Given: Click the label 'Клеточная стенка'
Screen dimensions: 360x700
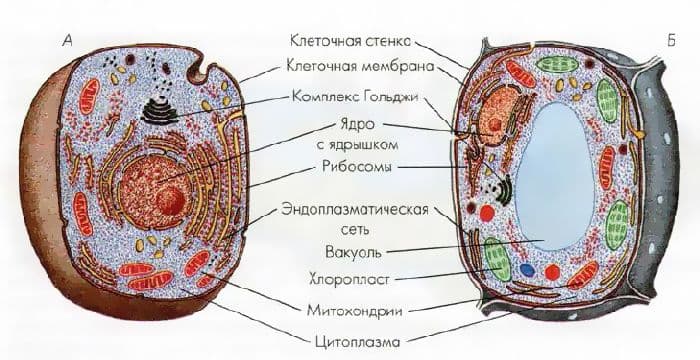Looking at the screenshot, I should coord(350,42).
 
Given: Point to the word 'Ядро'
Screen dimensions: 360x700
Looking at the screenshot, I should coord(351,127).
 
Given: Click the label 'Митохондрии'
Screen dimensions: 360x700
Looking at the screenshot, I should coord(350,306).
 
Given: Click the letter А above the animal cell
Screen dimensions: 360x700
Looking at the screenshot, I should coord(66,41).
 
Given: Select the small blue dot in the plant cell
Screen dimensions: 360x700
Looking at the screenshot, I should coord(527,270).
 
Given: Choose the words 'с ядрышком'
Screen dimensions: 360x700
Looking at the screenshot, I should coord(351,146).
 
